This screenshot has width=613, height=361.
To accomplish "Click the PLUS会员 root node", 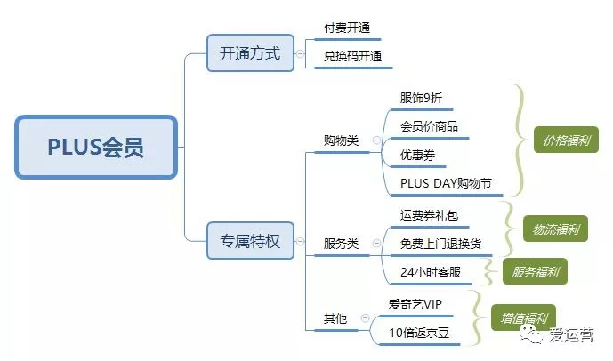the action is click(x=96, y=148).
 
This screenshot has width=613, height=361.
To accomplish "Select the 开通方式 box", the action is click(x=250, y=53).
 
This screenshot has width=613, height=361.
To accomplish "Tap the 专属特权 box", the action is click(x=250, y=241).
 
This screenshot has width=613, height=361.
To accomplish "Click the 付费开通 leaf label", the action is click(x=347, y=28).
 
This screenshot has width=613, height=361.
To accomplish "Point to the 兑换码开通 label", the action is click(x=352, y=56).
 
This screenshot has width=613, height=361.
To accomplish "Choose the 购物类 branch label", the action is click(x=341, y=140).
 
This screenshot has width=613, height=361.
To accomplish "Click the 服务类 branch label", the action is click(x=341, y=244).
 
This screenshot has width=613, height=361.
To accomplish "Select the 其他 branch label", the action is click(x=335, y=318).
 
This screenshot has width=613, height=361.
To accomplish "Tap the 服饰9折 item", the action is click(x=421, y=98).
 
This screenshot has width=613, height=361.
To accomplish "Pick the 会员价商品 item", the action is click(x=429, y=126).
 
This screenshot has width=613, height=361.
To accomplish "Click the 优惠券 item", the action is click(x=417, y=155).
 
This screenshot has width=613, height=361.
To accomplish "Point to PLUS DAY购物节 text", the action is click(x=446, y=183).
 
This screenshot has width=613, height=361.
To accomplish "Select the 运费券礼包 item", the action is click(x=429, y=215).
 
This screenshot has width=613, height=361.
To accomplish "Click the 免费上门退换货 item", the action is click(x=440, y=244).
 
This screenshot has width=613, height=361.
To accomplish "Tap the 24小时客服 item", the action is click(x=431, y=272).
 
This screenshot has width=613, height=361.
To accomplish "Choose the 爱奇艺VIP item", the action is click(x=415, y=304).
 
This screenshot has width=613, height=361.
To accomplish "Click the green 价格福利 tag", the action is click(x=566, y=140).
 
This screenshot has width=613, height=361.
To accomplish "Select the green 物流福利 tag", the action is click(x=555, y=229).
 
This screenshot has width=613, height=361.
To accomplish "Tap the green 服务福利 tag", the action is click(x=536, y=271).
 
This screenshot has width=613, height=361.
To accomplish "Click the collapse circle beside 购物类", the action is click(x=376, y=140).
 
